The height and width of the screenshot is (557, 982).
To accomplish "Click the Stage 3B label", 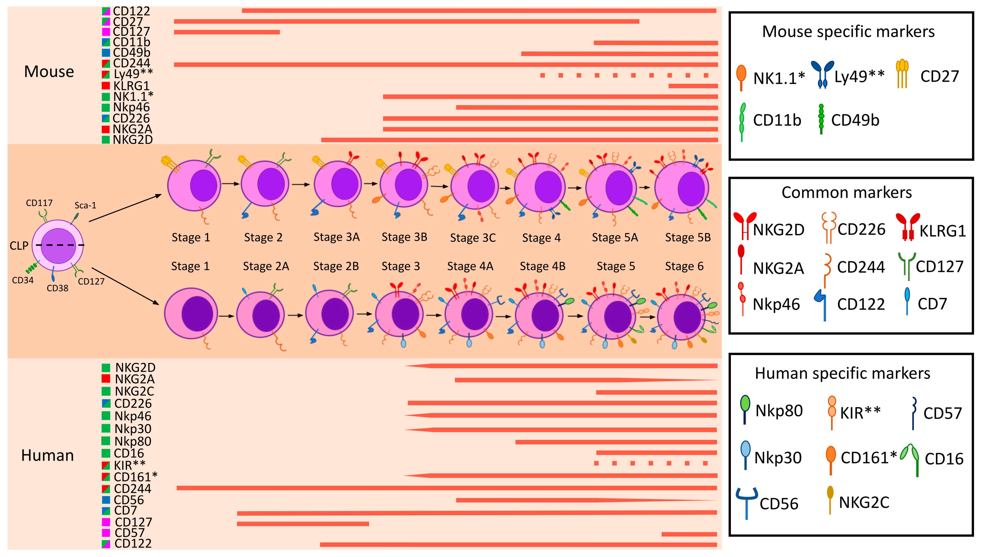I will [x=404, y=237].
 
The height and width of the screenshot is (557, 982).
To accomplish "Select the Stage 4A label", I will [x=470, y=266].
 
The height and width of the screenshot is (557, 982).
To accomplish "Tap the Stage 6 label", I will [x=684, y=266].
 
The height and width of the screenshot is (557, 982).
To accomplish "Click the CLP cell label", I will [x=19, y=246].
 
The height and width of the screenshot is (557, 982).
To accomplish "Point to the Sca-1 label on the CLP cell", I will [x=85, y=205].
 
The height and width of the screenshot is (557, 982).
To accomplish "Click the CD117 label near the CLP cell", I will [x=39, y=203].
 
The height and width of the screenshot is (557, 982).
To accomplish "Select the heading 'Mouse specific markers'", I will [x=848, y=31].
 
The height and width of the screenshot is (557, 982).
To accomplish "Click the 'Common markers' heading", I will [x=846, y=192].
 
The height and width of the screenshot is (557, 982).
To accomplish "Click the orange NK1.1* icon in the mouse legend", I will [x=741, y=76].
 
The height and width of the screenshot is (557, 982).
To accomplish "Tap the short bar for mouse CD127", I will [x=227, y=32].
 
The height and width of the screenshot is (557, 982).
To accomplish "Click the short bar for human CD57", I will [x=689, y=534].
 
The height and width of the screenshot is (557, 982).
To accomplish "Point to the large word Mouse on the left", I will [x=49, y=72].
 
